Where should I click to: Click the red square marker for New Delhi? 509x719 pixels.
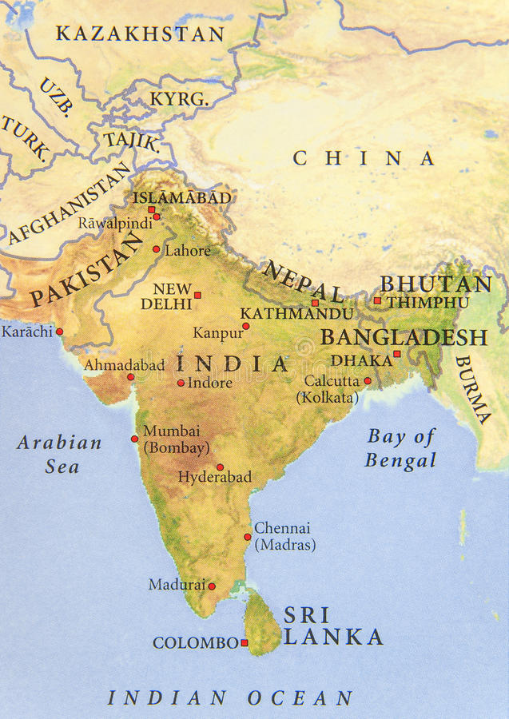click(x=197, y=295)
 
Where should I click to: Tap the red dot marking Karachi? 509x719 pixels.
click(x=59, y=332)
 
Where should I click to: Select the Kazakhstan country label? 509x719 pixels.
click(x=140, y=34)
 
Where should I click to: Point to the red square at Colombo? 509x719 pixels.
click(x=245, y=642)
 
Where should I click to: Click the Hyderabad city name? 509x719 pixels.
click(x=214, y=477)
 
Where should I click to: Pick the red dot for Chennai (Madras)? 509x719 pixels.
click(x=247, y=537)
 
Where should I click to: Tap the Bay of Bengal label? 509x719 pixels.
click(x=401, y=448)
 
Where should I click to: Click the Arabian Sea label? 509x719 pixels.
click(x=60, y=454)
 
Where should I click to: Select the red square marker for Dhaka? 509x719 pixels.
click(x=396, y=354)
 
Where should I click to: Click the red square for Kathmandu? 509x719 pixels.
click(x=315, y=303)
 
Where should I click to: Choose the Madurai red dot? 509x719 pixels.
click(x=212, y=586)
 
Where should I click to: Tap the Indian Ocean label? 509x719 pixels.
click(x=230, y=697)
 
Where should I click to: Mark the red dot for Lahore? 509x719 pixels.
click(x=157, y=248)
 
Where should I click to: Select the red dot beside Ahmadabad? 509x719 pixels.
click(x=130, y=376)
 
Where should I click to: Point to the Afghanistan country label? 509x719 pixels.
click(x=69, y=204)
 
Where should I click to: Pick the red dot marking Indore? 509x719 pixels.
click(x=181, y=383)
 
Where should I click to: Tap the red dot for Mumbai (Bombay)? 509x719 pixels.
click(x=134, y=438)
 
